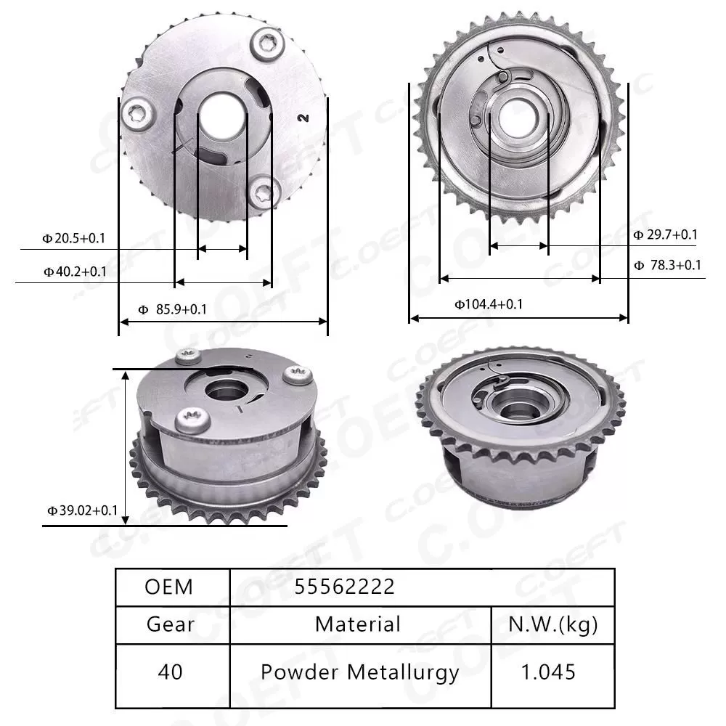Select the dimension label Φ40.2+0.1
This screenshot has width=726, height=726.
74,272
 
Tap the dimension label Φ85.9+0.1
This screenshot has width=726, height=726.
173,309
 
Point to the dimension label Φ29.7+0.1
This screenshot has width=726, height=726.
665,234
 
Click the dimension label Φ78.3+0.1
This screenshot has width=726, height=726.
666,265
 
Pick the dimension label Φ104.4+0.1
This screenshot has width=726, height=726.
489,304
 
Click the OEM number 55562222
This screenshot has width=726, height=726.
345,587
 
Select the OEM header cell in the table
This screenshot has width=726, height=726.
169,587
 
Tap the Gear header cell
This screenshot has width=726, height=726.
170,624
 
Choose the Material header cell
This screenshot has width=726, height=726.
358,624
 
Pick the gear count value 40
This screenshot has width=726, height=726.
170,672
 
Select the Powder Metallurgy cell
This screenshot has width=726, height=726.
359,672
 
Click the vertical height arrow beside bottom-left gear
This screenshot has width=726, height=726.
126,446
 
